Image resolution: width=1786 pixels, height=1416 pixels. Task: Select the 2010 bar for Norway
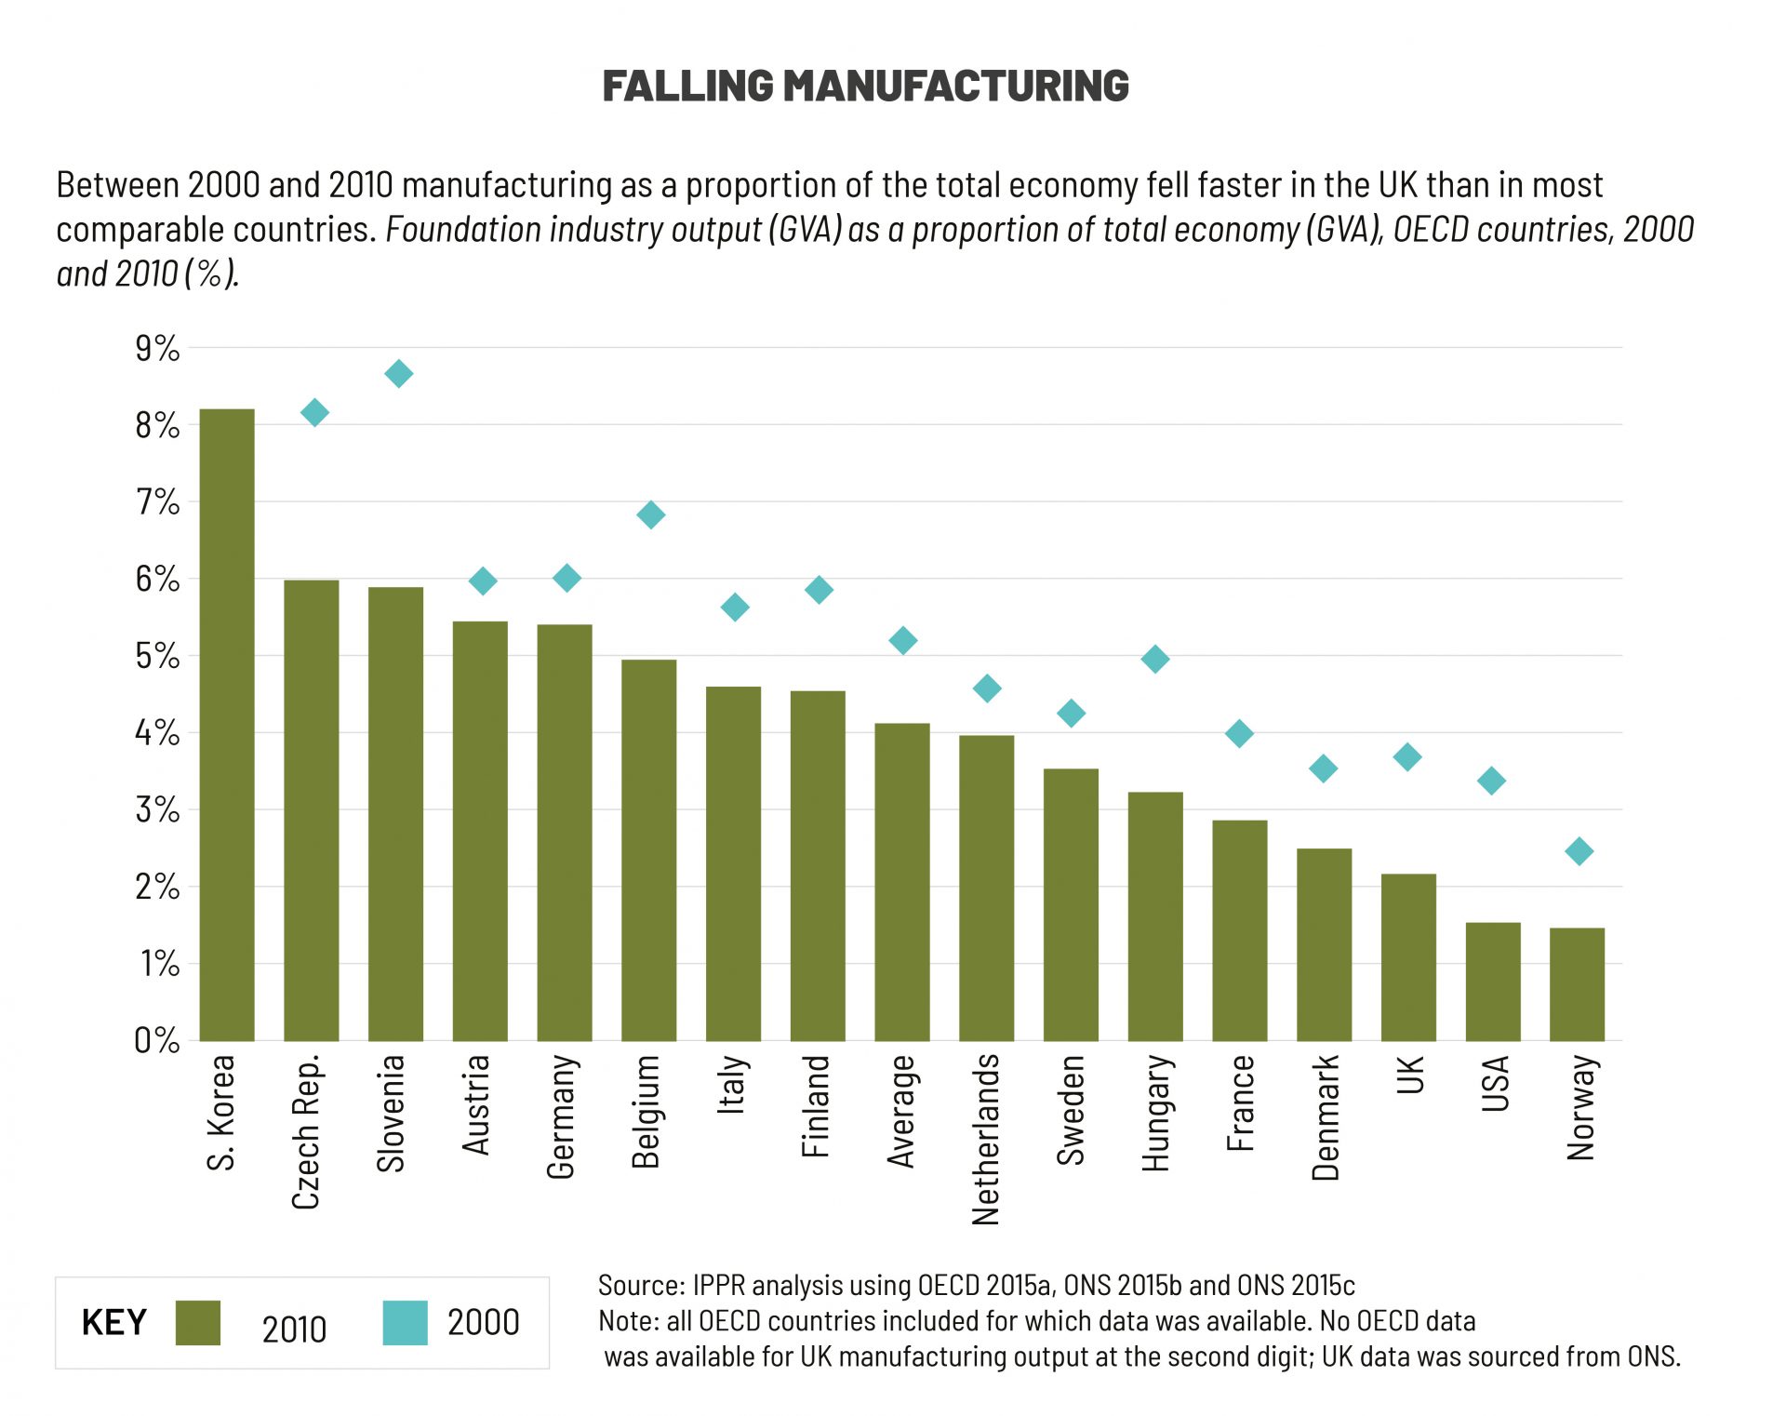[x=1577, y=983]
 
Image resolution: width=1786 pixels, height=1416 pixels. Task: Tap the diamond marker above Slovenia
[x=398, y=374]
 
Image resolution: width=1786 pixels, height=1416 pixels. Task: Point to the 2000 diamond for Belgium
[x=650, y=514]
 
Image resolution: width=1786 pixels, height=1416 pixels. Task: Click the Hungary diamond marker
[x=1154, y=660]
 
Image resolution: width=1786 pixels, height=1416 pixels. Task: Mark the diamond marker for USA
[x=1491, y=781]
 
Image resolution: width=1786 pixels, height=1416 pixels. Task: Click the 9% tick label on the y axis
[x=157, y=349]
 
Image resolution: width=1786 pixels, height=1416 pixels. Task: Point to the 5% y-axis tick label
[x=157, y=656]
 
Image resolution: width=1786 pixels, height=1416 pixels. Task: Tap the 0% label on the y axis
[x=157, y=1040]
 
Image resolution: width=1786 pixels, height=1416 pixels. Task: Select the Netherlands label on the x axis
[x=985, y=1139]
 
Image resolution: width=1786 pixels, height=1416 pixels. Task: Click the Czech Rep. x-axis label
[x=306, y=1131]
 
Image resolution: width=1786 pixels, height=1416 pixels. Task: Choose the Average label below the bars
[x=901, y=1111]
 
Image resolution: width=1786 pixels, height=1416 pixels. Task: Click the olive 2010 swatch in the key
[x=198, y=1322]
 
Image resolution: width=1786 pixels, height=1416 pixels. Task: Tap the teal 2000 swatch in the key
[x=405, y=1322]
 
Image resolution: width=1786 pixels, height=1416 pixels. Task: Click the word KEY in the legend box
[x=114, y=1322]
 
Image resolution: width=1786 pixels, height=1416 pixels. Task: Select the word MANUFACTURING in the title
[x=955, y=86]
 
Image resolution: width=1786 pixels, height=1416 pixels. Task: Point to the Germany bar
[x=565, y=832]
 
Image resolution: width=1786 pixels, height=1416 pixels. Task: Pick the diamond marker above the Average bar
[x=902, y=640]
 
